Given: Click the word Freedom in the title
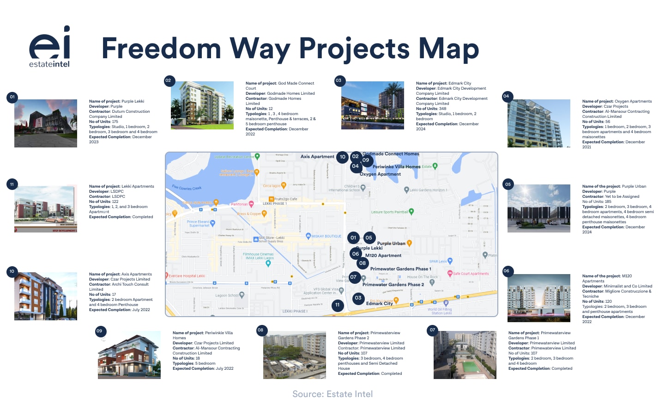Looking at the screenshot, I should pyautogui.click(x=161, y=49).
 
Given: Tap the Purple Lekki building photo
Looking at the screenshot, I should pyautogui.click(x=46, y=123).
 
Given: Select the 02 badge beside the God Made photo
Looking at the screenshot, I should pyautogui.click(x=168, y=80).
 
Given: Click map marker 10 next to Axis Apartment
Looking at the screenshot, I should pyautogui.click(x=343, y=157).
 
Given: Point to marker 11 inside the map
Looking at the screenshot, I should pyautogui.click(x=338, y=305).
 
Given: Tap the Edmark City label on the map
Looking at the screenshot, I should pyautogui.click(x=379, y=304).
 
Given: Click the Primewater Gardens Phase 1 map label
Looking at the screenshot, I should pyautogui.click(x=400, y=269).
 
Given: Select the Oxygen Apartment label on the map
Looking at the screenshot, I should pyautogui.click(x=380, y=174).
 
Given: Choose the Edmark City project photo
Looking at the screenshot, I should pyautogui.click(x=373, y=105).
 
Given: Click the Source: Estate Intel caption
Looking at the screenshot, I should pyautogui.click(x=332, y=394).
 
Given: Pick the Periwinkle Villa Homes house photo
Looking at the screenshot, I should pyautogui.click(x=129, y=355).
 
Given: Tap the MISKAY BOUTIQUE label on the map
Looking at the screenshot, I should pyautogui.click(x=326, y=236).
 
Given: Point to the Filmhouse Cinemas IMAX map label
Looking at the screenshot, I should pyautogui.click(x=258, y=256).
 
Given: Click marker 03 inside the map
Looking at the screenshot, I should pyautogui.click(x=358, y=298).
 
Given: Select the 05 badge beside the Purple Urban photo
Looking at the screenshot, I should pyautogui.click(x=508, y=184).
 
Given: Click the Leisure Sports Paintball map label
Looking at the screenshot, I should pyautogui.click(x=389, y=212).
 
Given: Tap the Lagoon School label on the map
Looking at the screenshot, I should pyautogui.click(x=227, y=295).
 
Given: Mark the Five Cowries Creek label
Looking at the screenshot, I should pyautogui.click(x=187, y=188).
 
